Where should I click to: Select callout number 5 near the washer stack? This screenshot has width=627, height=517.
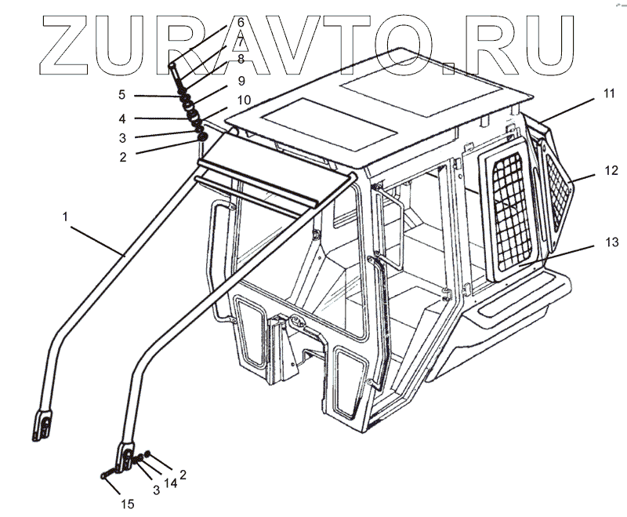(x=122, y=95)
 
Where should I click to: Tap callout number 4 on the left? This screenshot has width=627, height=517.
(x=122, y=119)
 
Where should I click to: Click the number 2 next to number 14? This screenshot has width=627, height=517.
(x=183, y=474)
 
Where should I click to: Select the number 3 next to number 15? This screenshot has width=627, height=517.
(x=156, y=490)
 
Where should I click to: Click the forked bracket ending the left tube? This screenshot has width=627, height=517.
(x=45, y=424)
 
